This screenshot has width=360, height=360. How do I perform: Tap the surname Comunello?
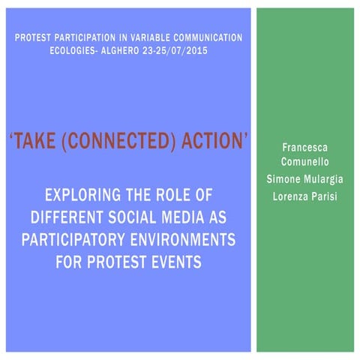point(304,163)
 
